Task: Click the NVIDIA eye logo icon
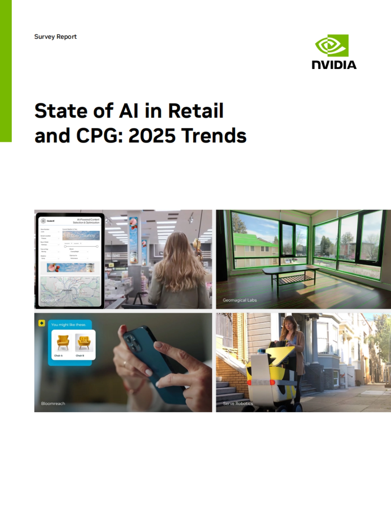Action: [x=332, y=46]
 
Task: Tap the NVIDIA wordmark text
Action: [x=334, y=65]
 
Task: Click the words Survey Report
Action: [x=55, y=37]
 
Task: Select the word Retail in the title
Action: [x=196, y=111]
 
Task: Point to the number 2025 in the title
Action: [x=152, y=135]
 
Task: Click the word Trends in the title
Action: [x=214, y=135]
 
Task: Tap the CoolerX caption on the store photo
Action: [x=49, y=300]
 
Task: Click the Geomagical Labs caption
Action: [x=239, y=300]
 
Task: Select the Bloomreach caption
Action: [x=53, y=403]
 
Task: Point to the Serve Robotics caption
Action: [x=238, y=403]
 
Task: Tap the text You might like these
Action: [x=68, y=324]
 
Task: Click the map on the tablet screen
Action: [x=70, y=291]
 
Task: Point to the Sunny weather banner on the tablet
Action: [x=81, y=235]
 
